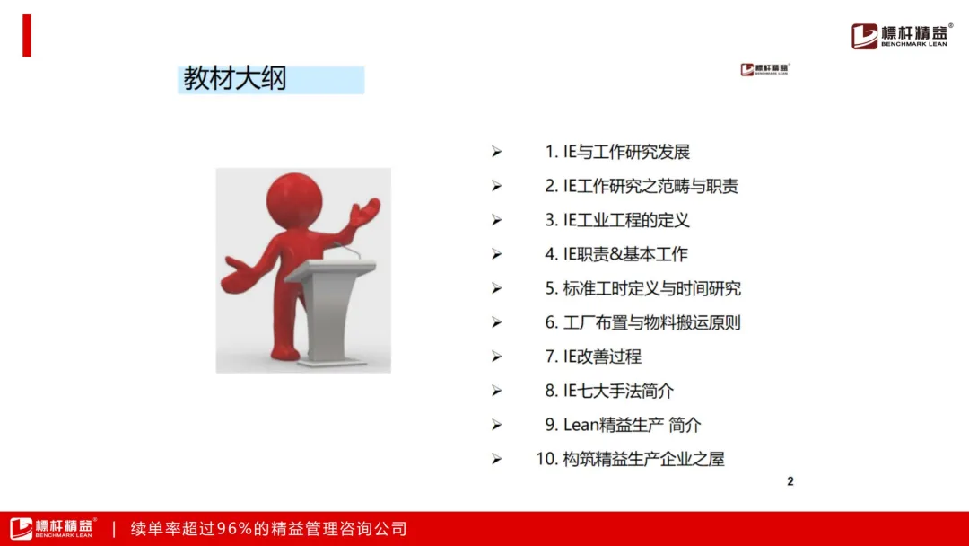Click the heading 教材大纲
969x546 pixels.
coord(235,79)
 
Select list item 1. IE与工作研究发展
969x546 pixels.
coord(617,152)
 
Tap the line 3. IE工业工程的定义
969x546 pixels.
coord(616,220)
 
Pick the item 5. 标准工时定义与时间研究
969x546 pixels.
coord(642,289)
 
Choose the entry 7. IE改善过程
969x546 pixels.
coord(593,357)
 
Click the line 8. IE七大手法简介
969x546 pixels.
coord(609,391)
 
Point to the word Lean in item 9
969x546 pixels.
coord(581,425)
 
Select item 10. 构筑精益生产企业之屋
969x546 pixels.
coord(630,459)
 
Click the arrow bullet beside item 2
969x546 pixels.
coord(497,186)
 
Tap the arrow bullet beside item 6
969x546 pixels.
coord(497,322)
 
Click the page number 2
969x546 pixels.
coord(790,481)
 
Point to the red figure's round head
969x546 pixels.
coord(294,201)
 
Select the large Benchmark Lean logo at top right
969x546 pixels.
coord(902,36)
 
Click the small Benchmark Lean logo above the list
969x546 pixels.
coord(765,69)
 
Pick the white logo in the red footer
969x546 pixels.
coord(53,528)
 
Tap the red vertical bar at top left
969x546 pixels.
coord(27,36)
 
